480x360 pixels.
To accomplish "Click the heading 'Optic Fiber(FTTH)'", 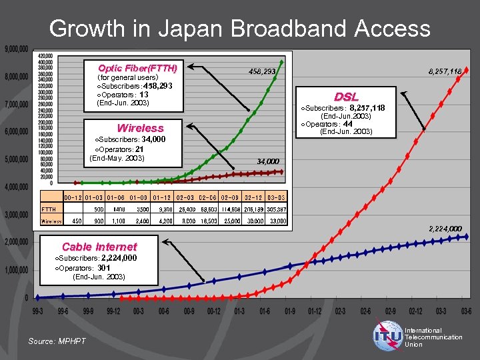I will point(137,68).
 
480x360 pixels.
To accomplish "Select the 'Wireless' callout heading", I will point(140,128).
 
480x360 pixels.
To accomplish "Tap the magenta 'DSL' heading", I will point(346,97).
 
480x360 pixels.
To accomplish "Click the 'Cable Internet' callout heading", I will point(99,247).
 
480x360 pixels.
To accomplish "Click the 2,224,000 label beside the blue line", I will point(445,229).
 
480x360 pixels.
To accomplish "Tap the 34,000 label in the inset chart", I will point(268,161).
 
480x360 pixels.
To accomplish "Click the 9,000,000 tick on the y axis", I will point(16,49).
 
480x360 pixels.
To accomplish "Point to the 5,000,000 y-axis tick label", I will point(16,159).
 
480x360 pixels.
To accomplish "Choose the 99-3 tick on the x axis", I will point(37,310).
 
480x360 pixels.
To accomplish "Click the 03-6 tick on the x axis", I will point(466,310).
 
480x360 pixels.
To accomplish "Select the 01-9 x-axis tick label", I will point(289,310).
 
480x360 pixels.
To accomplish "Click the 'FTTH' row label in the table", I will point(49,209).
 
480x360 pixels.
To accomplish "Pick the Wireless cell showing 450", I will point(77,221).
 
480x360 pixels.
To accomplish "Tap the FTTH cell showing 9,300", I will point(166,209).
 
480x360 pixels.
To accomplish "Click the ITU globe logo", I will point(388,337).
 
